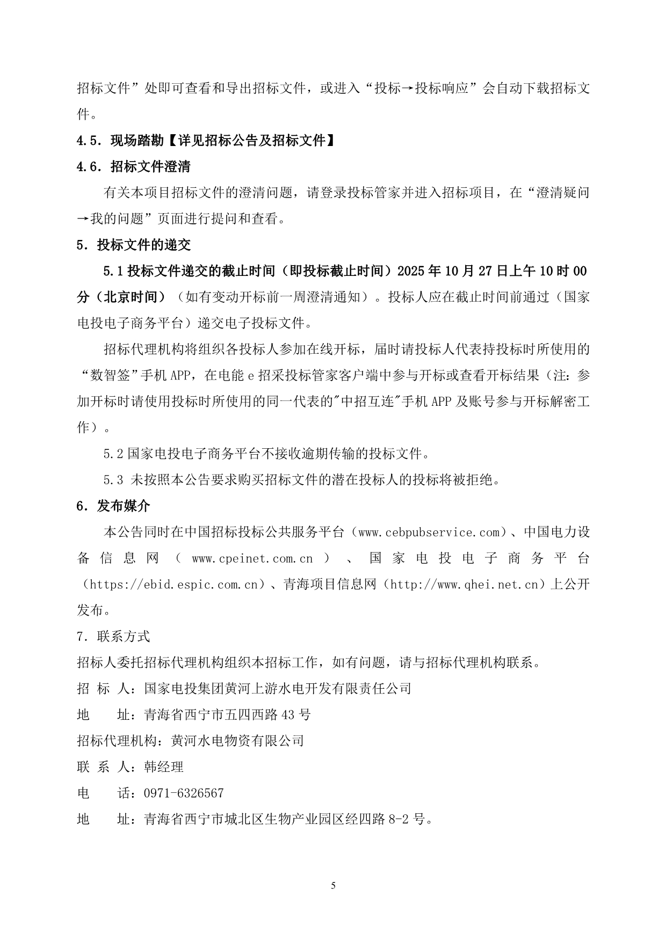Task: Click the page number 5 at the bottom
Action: click(x=333, y=885)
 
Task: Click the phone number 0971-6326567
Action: click(x=184, y=793)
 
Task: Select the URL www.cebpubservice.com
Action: click(x=429, y=532)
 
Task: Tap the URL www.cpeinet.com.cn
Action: click(x=252, y=558)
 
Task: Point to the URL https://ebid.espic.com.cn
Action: click(x=175, y=584)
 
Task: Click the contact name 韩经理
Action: click(x=164, y=767)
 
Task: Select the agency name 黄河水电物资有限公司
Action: click(x=237, y=741)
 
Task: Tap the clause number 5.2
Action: click(x=113, y=454)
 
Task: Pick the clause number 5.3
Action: click(x=113, y=480)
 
